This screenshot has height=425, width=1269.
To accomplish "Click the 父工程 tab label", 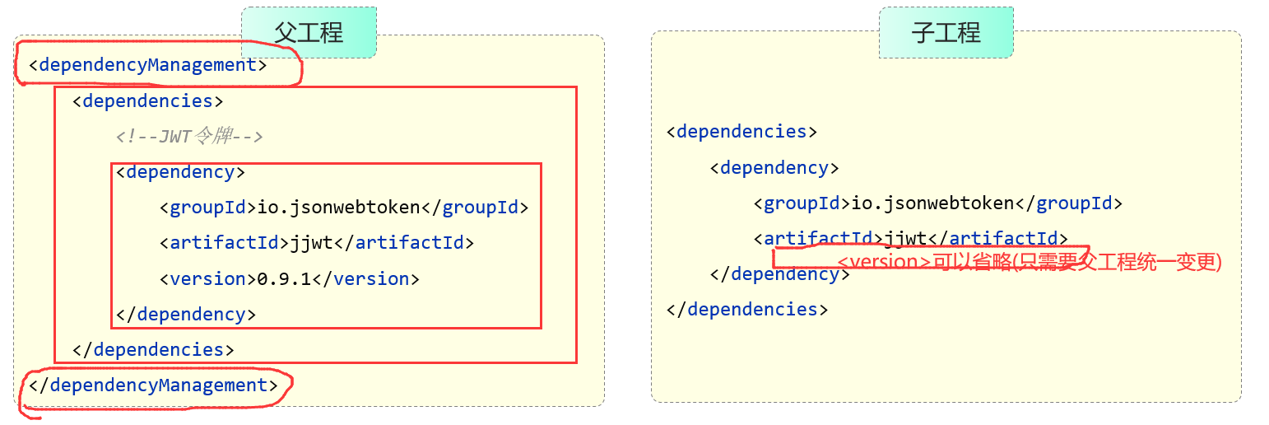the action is coord(309,33).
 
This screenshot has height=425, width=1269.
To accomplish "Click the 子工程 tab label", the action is coord(946,33).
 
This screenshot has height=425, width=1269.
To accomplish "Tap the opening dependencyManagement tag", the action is coord(148,65).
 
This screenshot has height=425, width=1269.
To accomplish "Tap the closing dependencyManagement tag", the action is coord(154,385).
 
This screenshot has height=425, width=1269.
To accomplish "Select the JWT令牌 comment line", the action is coord(189,136).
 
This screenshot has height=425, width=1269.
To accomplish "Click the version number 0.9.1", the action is coord(284,278).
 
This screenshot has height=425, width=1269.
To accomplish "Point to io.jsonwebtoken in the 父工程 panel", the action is coord(339,207).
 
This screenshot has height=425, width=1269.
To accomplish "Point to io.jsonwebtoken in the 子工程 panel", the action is coord(932,203).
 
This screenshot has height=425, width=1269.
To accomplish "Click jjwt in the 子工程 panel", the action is coord(906,238).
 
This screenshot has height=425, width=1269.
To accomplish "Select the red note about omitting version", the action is coord(1029,263).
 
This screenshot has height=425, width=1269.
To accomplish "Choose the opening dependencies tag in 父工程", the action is coord(148,100).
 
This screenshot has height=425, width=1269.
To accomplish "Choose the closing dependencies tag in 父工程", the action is coord(153,349).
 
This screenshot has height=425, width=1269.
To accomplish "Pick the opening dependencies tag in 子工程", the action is coord(741,132).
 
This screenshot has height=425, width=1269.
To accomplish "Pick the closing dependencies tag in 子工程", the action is coord(746,310).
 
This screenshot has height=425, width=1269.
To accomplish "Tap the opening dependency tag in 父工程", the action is coord(180,171).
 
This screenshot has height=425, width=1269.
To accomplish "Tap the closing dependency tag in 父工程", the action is coord(186,314).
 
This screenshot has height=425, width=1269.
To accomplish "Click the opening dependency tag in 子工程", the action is coord(774,168).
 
